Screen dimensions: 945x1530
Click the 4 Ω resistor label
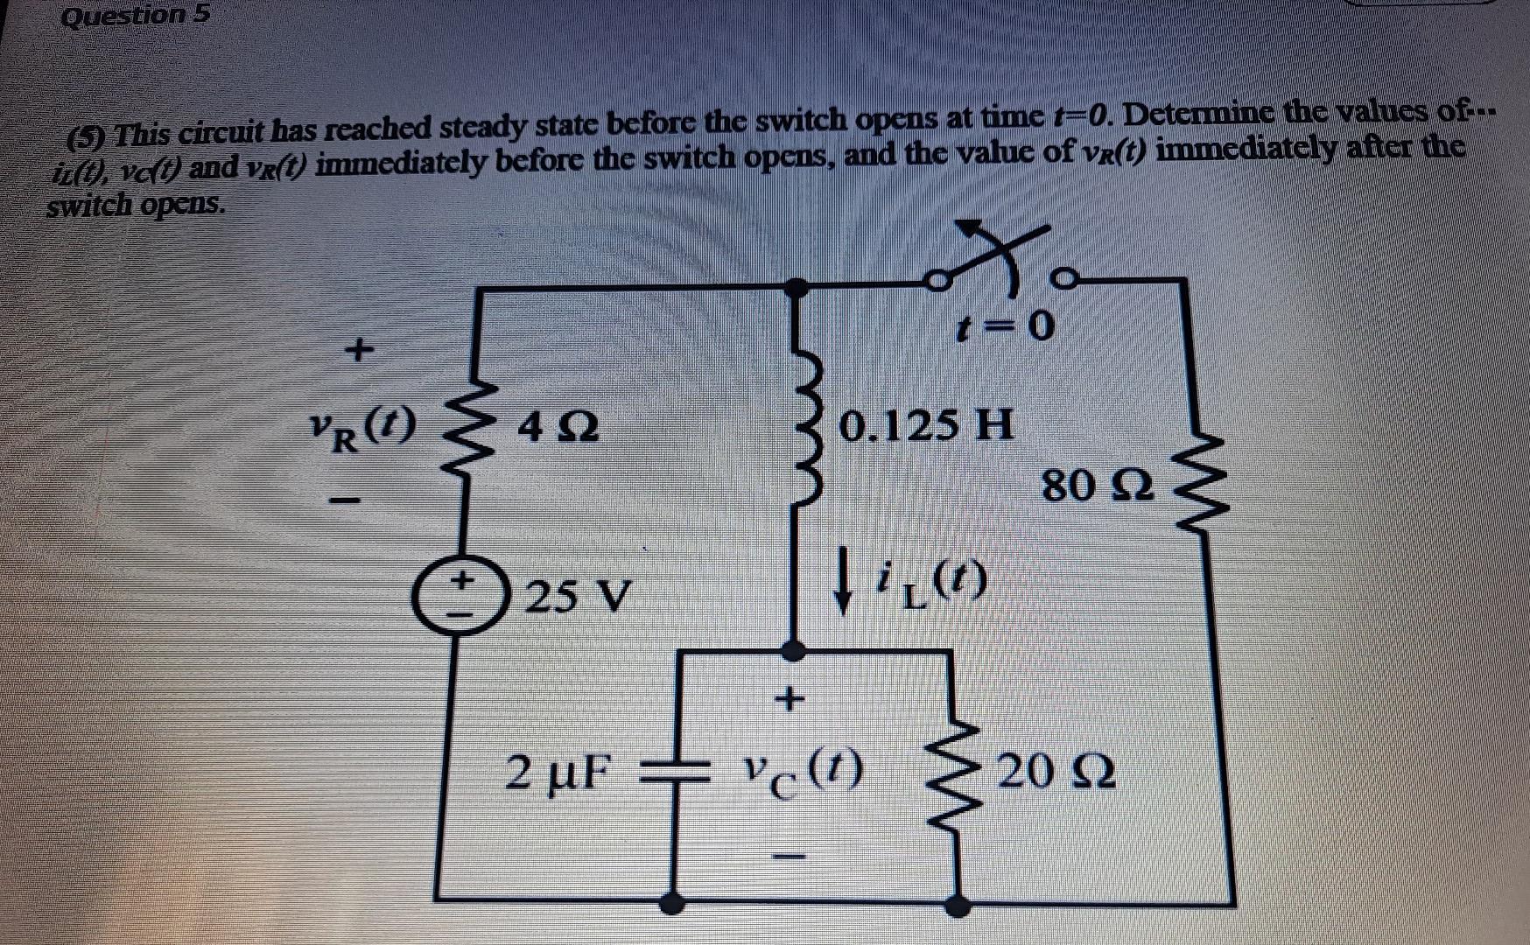558,429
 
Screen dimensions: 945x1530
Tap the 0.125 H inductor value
926,426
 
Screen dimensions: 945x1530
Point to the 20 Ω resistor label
1056,773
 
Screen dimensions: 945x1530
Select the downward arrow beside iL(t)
843,578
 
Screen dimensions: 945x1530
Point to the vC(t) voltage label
802,770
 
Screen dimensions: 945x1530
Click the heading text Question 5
136,16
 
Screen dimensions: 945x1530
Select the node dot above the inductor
795,285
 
